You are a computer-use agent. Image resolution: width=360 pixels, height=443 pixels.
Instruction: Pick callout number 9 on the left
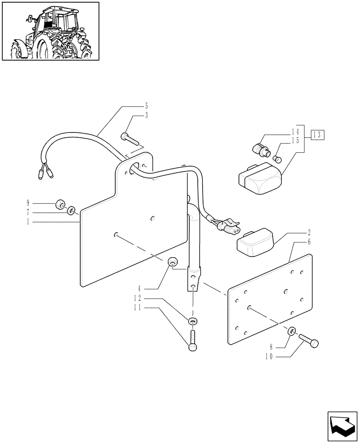click(x=28, y=204)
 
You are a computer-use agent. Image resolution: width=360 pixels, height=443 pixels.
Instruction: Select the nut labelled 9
click(x=59, y=205)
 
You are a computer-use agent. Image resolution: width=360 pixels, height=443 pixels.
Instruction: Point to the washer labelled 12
click(x=192, y=321)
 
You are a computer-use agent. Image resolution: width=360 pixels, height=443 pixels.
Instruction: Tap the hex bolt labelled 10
click(x=309, y=342)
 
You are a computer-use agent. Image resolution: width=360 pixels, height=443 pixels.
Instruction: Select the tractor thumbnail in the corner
click(x=51, y=31)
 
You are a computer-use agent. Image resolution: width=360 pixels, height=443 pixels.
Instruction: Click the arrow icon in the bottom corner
click(x=341, y=426)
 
